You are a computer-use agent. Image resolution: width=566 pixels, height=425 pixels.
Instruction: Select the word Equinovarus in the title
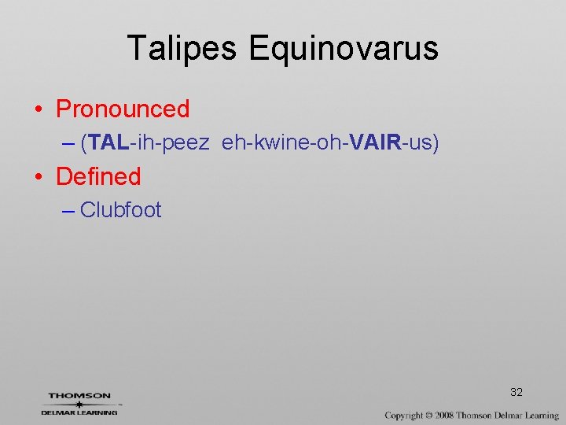[x=344, y=49]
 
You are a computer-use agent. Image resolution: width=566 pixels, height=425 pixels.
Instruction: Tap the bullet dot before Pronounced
[x=39, y=109]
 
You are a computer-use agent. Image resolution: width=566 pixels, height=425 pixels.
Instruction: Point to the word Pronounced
[x=123, y=109]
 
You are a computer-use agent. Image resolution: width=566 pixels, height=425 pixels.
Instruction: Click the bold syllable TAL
[x=108, y=142]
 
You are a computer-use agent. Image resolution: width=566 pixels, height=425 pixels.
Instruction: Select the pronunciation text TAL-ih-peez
[x=149, y=142]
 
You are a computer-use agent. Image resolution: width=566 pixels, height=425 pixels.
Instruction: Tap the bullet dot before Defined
[x=39, y=177]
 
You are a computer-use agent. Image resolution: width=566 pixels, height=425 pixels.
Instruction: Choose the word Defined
[x=98, y=176]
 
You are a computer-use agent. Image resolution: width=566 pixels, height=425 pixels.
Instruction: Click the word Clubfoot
[x=121, y=210]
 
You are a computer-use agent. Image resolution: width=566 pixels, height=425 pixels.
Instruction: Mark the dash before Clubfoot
[x=68, y=211]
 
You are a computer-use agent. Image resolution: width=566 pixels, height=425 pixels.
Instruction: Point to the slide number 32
[x=516, y=392]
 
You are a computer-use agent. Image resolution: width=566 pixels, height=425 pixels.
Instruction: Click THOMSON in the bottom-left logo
[x=79, y=396]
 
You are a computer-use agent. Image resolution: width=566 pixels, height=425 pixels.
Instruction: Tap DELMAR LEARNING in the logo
[x=79, y=412]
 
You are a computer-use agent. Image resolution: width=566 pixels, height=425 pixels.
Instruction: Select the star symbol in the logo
[x=79, y=404]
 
